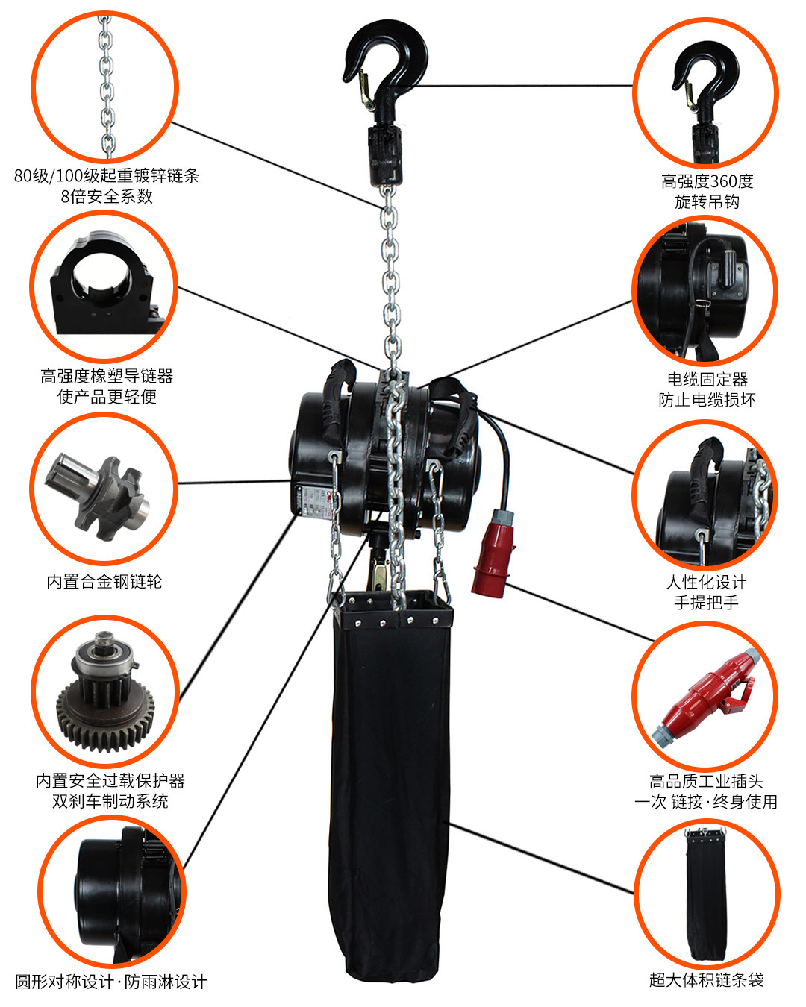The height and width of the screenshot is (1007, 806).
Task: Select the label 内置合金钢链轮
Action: coord(104,581)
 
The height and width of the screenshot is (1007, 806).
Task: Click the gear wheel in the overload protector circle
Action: coord(104,716)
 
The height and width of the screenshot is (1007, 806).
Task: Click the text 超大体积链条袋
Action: coord(706,980)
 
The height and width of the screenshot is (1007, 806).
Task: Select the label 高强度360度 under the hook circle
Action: coord(707,181)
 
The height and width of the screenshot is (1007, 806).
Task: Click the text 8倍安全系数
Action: coord(107,196)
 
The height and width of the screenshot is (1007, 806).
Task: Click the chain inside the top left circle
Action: coord(107,86)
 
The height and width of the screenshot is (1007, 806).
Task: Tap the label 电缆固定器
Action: coord(707,379)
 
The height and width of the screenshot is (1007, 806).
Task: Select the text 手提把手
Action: coord(707,602)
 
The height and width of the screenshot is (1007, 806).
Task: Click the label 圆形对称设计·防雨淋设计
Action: coord(110,982)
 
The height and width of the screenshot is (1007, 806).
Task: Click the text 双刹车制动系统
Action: coord(110,801)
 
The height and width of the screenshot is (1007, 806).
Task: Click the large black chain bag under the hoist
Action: coord(388,783)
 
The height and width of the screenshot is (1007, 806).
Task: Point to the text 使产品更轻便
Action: coord(107,396)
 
